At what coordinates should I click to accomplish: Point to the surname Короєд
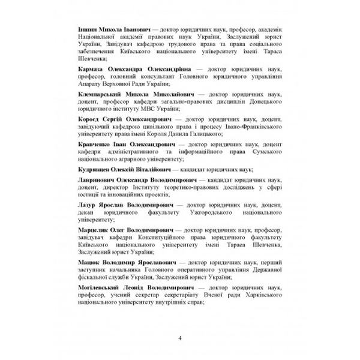pyautogui.click(x=91, y=121)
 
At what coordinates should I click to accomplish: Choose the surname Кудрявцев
pyautogui.click(x=97, y=170)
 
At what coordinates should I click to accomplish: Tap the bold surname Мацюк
pyautogui.click(x=91, y=262)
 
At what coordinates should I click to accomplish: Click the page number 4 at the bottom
pyautogui.click(x=180, y=337)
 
